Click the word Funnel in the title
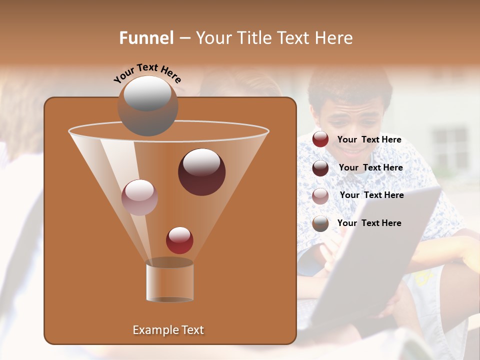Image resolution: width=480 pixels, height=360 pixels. [x=146, y=38]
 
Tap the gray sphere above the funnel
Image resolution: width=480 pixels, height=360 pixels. [x=147, y=106]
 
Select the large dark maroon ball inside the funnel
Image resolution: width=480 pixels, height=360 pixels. [x=201, y=172]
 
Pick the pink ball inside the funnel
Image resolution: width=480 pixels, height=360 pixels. [x=139, y=197]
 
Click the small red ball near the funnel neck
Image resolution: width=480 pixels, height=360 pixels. [x=179, y=240]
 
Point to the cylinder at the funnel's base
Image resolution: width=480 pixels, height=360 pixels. [x=169, y=281]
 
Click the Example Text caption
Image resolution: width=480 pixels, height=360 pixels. [x=168, y=330]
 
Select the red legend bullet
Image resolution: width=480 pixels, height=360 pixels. [x=320, y=139]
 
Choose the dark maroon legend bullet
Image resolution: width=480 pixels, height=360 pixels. [x=320, y=168]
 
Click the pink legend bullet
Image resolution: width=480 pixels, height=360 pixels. [x=320, y=196]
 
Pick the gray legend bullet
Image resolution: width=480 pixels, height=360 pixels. [x=320, y=223]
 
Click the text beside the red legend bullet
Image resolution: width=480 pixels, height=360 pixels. [x=369, y=140]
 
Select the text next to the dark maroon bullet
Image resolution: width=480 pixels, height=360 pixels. [x=370, y=168]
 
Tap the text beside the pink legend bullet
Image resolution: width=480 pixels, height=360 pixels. [x=371, y=195]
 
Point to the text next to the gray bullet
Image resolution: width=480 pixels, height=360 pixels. [x=369, y=223]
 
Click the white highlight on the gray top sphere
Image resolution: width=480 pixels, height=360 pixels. [x=147, y=93]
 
